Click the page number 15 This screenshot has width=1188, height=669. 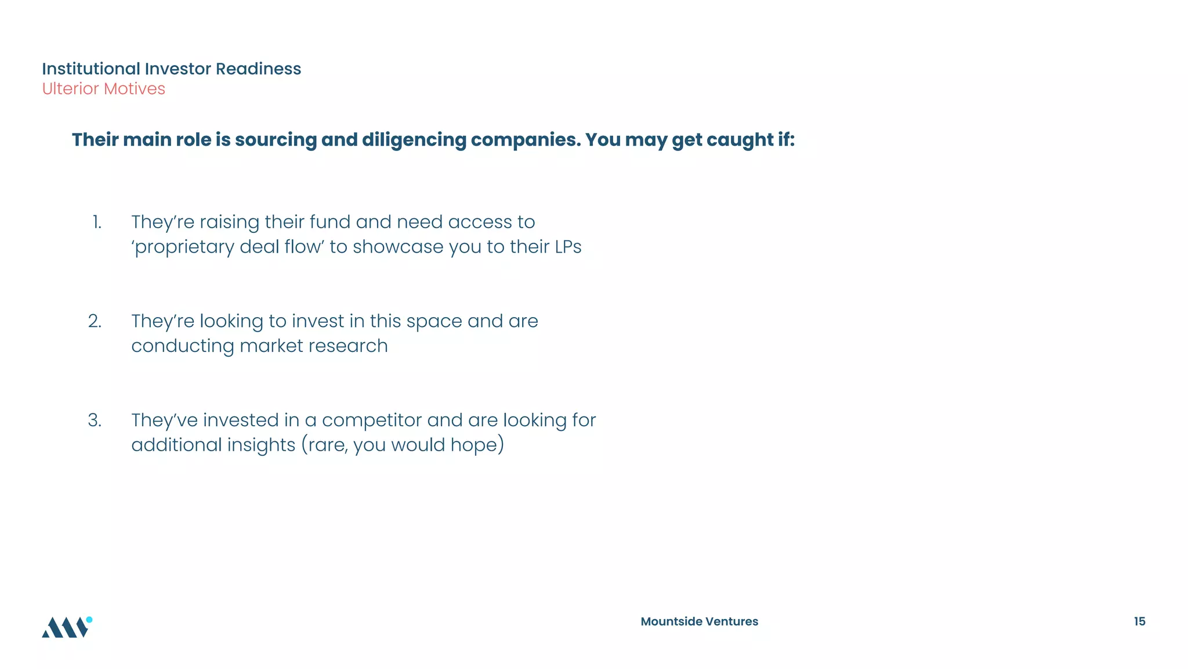point(1139,621)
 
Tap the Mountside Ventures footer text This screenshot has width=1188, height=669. point(699,621)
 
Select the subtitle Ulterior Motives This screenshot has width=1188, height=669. point(103,89)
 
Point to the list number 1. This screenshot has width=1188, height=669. point(97,222)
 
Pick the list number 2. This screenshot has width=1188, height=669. point(95,321)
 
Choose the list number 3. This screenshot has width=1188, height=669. point(95,420)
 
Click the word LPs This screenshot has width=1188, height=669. point(568,247)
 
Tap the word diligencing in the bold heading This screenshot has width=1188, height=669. point(414,140)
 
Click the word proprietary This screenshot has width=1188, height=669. point(183,247)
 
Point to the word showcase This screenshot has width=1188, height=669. point(398,247)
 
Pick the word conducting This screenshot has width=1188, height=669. point(182,346)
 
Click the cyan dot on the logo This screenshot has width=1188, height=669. point(89,620)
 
